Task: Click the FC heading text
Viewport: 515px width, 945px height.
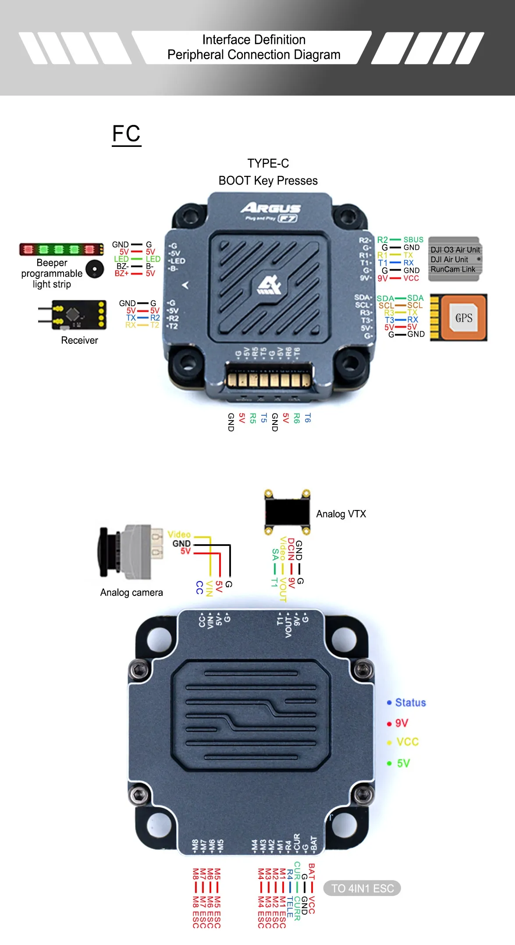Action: pyautogui.click(x=126, y=133)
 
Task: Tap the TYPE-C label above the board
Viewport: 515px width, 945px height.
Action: pyautogui.click(x=268, y=163)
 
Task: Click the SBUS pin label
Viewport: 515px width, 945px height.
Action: pyautogui.click(x=413, y=239)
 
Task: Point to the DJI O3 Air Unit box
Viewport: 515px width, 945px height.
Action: pyautogui.click(x=455, y=259)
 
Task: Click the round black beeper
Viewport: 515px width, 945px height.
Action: pyautogui.click(x=95, y=269)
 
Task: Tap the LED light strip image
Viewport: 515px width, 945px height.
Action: pyautogui.click(x=61, y=249)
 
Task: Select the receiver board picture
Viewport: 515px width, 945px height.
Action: pyautogui.click(x=79, y=314)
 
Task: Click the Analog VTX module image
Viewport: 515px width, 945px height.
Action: pyautogui.click(x=287, y=512)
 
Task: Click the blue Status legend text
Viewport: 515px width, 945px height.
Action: pyautogui.click(x=410, y=703)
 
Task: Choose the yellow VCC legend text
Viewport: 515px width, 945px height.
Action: pyautogui.click(x=408, y=742)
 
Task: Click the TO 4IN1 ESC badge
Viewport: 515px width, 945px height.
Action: pyautogui.click(x=362, y=888)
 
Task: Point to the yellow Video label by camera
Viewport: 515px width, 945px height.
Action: pyautogui.click(x=179, y=534)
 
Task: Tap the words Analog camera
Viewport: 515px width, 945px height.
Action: pyautogui.click(x=131, y=592)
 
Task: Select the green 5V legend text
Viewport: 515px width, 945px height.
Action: pyautogui.click(x=403, y=763)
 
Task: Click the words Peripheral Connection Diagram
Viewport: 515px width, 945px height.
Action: pyautogui.click(x=254, y=55)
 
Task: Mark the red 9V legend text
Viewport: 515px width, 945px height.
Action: pyautogui.click(x=401, y=723)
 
